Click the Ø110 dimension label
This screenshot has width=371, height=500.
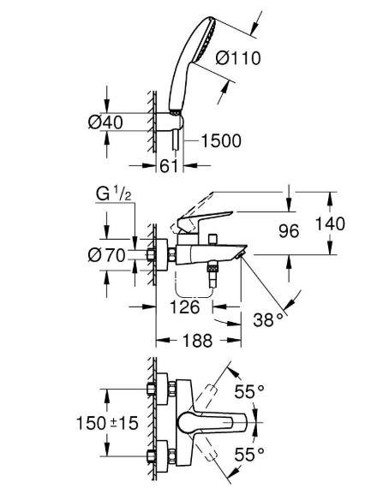(238, 58)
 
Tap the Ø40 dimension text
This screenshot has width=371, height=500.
(105, 122)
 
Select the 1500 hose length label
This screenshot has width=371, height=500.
(221, 141)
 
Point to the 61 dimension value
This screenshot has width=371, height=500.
(168, 166)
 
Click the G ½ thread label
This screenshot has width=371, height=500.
(114, 193)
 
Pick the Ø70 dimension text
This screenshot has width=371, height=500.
(106, 255)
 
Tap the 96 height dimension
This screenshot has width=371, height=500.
(289, 230)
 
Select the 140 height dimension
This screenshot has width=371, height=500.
(330, 223)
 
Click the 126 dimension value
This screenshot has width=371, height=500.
(185, 307)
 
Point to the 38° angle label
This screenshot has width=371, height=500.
(268, 319)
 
